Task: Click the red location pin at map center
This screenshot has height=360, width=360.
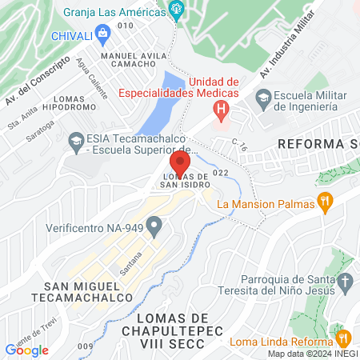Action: tap(180, 165)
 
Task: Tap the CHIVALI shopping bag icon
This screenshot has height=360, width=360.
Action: tap(102, 34)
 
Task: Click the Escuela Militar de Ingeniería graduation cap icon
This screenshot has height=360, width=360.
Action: tap(263, 98)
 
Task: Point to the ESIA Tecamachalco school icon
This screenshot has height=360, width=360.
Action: tap(76, 139)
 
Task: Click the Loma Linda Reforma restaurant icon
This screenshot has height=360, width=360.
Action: tap(343, 338)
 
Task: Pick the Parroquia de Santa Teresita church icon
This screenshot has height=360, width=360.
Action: tap(345, 282)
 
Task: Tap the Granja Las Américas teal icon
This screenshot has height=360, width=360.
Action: tap(178, 11)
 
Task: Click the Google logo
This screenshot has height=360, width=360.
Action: tap(26, 350)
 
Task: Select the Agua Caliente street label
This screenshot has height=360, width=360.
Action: tap(93, 84)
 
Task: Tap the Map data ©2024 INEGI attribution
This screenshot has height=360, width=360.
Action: tap(313, 354)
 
